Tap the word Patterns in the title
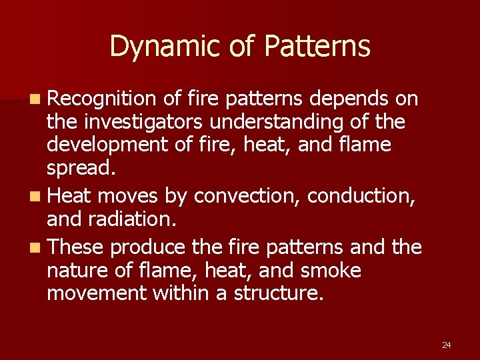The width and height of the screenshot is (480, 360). coord(317,47)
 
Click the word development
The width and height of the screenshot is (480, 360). coord(101,145)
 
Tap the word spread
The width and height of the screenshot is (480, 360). coord(79,167)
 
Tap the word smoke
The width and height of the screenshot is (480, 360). coord(331,271)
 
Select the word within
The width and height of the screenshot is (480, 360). coord(190,293)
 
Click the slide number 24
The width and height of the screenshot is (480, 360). coord(446,345)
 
